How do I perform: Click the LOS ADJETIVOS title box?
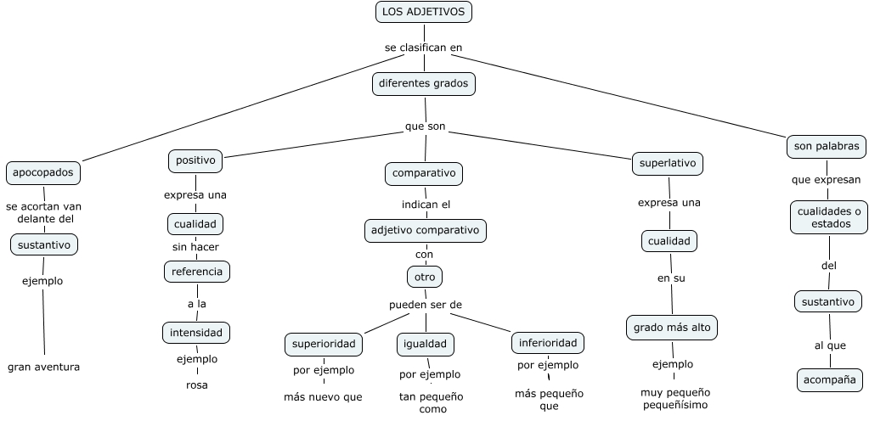[423, 12]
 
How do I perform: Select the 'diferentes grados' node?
[423, 84]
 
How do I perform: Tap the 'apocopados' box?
[43, 173]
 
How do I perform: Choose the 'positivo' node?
[195, 160]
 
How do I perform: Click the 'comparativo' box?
[424, 174]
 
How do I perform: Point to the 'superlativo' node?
[668, 164]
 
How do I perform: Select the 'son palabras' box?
[827, 146]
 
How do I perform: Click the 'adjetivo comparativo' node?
[425, 230]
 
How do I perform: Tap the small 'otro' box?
[424, 277]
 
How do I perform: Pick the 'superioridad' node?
[324, 345]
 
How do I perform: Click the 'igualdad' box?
[425, 345]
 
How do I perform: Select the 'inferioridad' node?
[548, 343]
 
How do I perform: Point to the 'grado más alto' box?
[673, 327]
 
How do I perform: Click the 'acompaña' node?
[830, 379]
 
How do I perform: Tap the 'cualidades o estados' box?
[829, 217]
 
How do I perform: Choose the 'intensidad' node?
[196, 333]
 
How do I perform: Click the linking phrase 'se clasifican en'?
[424, 48]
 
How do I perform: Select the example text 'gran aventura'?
[43, 368]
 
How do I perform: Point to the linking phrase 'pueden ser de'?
[426, 305]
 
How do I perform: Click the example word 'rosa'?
[196, 385]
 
